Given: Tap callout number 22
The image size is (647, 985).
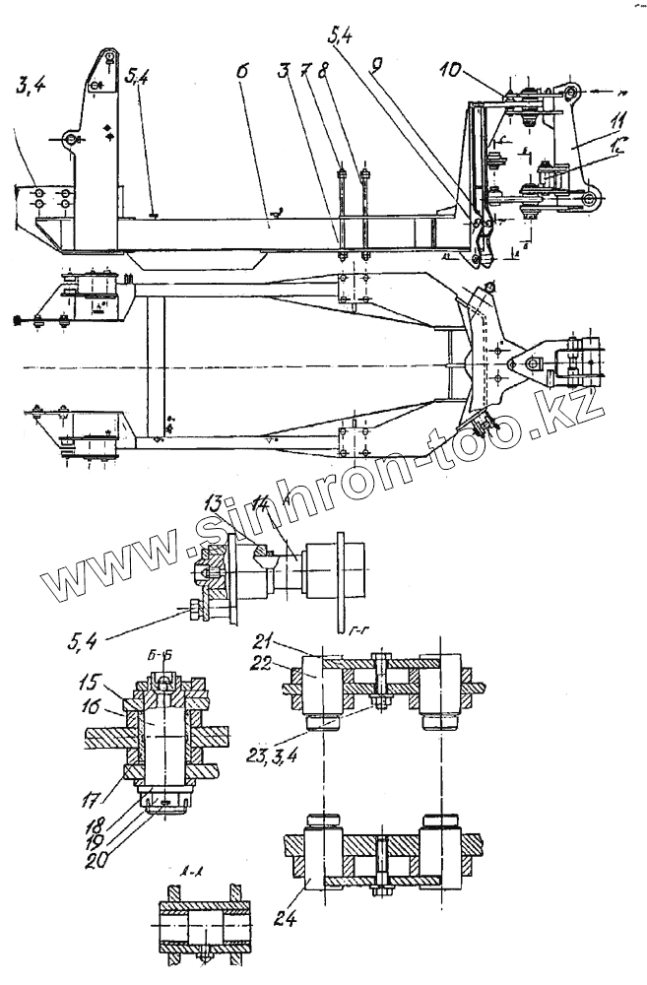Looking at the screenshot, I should point(262,663).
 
